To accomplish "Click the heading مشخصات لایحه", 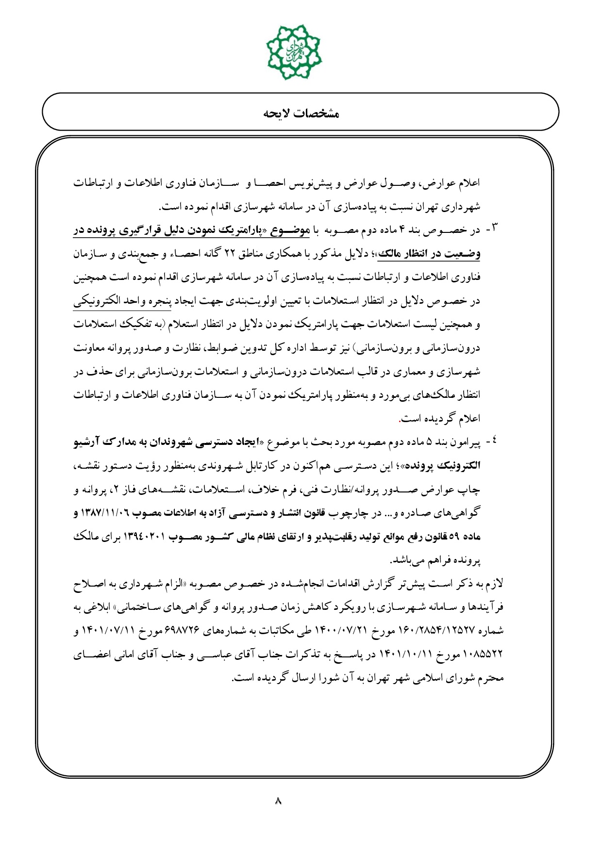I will pyautogui.click(x=301, y=114).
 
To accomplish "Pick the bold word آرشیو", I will pyautogui.click(x=89, y=442).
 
